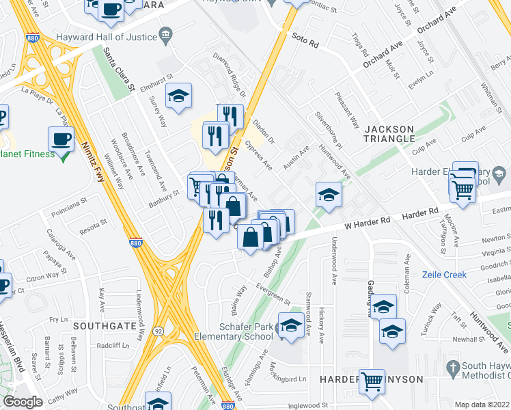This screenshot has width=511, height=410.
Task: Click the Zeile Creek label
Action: (443, 274)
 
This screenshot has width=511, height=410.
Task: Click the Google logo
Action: (23, 402)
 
